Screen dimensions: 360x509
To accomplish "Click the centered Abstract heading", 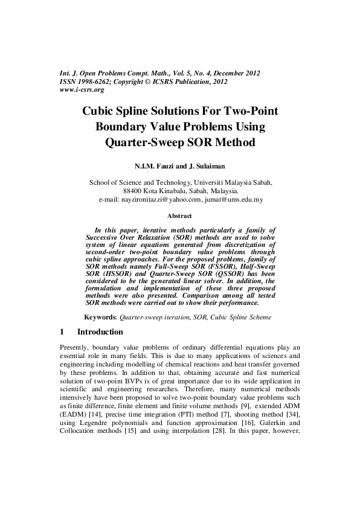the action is pos(179,215).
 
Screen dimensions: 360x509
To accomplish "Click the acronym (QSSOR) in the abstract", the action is pos(206,274).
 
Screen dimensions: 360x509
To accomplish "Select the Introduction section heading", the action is pos(100,332).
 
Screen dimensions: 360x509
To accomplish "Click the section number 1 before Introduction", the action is pos(62,332).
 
